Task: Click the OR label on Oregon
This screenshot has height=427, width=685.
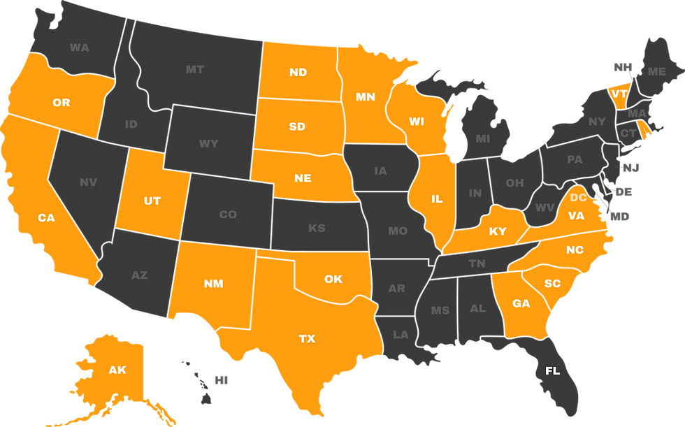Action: [x=62, y=103]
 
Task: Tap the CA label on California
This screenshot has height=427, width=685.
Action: [x=46, y=218]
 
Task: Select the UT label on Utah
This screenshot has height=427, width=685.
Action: [x=152, y=201]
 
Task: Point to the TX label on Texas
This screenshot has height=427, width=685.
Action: [x=307, y=339]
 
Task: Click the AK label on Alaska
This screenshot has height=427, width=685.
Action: [x=117, y=370]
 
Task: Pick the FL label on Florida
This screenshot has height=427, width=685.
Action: [x=552, y=371]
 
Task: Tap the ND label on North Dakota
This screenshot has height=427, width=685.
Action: [x=298, y=72]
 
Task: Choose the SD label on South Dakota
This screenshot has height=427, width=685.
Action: [x=297, y=126]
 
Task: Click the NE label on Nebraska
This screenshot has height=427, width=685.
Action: [x=303, y=178]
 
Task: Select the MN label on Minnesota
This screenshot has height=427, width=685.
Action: [x=366, y=97]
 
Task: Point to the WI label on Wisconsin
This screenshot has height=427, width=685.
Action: [x=417, y=122]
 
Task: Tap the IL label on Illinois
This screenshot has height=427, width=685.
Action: [x=437, y=199]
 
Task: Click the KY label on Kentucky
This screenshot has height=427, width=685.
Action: [x=498, y=231]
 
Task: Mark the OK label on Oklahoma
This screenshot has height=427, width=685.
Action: [x=333, y=279]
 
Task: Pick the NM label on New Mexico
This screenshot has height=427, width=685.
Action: [x=214, y=284]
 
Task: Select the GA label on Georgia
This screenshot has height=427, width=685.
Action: [x=521, y=303]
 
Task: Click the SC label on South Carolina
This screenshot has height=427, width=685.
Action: [x=552, y=284]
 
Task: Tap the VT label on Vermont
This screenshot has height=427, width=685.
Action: [x=619, y=94]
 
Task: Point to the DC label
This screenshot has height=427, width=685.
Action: [x=578, y=198]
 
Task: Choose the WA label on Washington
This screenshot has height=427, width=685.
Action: [x=80, y=48]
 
